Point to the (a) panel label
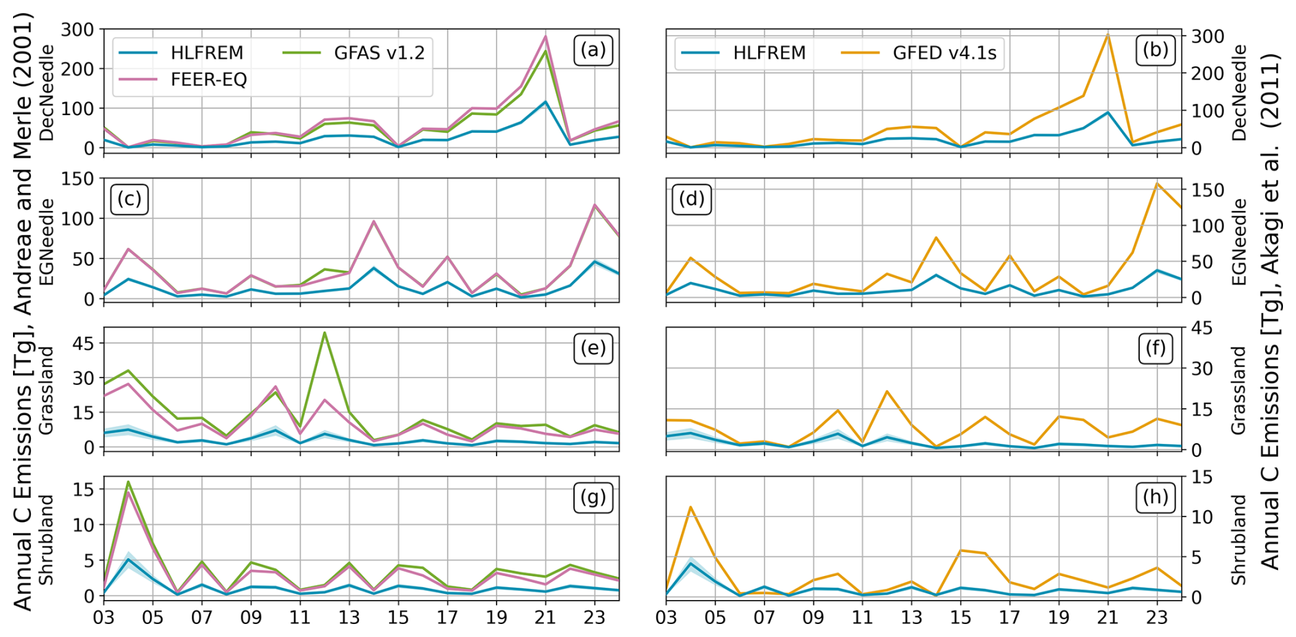[x=593, y=50]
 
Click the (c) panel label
[x=129, y=199]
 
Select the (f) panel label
[x=1156, y=348]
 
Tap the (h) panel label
[x=1156, y=497]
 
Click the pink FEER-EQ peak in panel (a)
[x=545, y=36]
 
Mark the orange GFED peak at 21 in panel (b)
[x=1108, y=34]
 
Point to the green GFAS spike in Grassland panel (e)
[x=324, y=333]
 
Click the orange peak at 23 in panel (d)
[x=1157, y=184]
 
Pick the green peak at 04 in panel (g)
[x=128, y=482]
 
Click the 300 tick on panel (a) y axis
[x=77, y=29]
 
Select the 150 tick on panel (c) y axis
[x=77, y=179]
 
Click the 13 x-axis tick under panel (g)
[x=349, y=617]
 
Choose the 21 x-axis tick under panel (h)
[x=1108, y=617]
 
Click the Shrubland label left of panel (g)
[x=46, y=540]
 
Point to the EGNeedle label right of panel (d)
[x=1239, y=242]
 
